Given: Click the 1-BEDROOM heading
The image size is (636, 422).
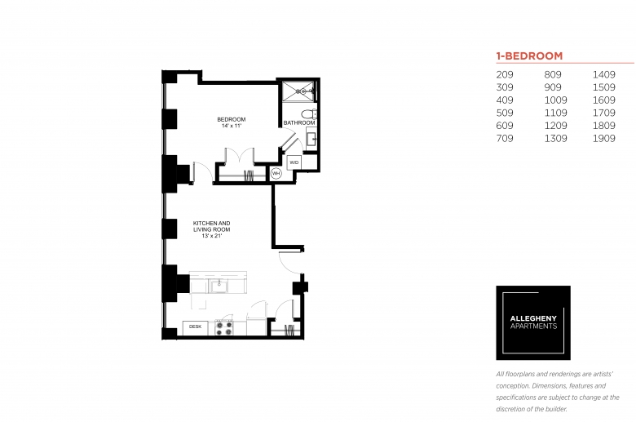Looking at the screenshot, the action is [x=529, y=56].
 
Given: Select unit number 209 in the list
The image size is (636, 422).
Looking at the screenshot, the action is [x=505, y=75].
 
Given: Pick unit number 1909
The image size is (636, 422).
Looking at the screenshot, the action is [x=604, y=139].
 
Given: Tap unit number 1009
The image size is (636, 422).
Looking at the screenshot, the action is [x=556, y=100].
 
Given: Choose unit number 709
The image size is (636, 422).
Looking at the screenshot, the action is [x=505, y=139].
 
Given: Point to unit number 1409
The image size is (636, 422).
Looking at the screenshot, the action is [x=604, y=75].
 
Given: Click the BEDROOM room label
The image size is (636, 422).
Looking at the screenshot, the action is [x=232, y=119].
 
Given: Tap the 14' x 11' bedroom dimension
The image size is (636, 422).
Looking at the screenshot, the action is [x=232, y=126].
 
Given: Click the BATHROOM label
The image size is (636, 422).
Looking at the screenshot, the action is [x=299, y=122].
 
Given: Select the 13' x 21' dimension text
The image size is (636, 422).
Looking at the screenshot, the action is [x=212, y=236].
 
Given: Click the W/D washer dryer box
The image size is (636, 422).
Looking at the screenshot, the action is [x=294, y=162].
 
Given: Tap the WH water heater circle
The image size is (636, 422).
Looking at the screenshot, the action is [x=276, y=174].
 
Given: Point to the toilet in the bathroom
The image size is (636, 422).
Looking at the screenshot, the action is [x=309, y=113].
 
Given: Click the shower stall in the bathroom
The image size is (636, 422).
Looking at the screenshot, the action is [x=298, y=91].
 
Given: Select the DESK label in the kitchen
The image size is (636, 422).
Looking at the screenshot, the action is [x=195, y=326].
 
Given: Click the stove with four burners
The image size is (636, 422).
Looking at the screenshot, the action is [x=224, y=328].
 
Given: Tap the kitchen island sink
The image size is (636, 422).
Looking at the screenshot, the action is [x=219, y=286].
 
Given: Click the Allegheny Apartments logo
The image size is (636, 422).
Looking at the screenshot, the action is [x=533, y=323].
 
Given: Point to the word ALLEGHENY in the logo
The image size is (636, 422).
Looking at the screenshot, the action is [x=533, y=319].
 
